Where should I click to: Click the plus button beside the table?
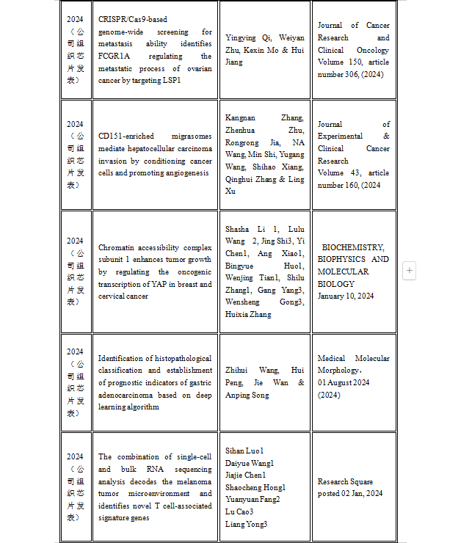(409, 271)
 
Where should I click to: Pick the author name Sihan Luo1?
(244, 451)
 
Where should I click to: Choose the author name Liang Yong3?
(246, 523)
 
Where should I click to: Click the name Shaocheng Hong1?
(255, 487)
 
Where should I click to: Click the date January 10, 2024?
(346, 296)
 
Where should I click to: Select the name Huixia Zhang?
(248, 314)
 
